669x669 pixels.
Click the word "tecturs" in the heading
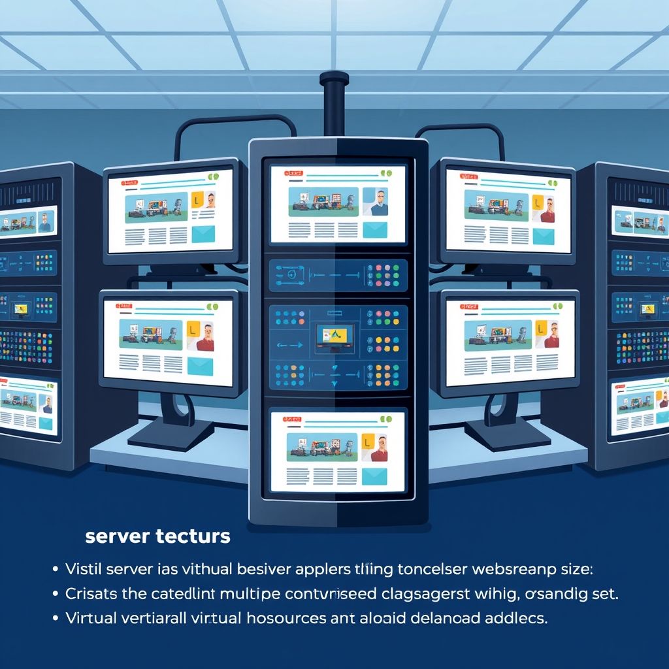coord(193,537)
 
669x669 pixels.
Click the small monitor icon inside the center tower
coord(334,336)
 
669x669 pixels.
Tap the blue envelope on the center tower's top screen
coord(375,229)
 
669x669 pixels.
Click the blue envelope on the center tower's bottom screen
coord(374,477)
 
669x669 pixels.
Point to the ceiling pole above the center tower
coord(334,105)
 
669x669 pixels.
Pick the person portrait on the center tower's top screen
coord(376,202)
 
